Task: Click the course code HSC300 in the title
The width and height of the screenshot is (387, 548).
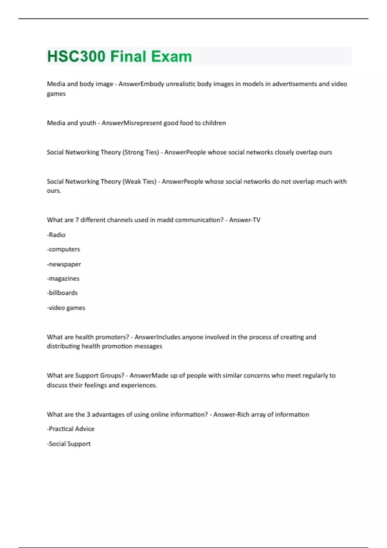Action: click(x=76, y=56)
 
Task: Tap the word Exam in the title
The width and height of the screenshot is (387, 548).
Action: click(x=172, y=56)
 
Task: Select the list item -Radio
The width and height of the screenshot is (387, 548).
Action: click(x=56, y=235)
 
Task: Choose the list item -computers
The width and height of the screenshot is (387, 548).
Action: click(x=64, y=249)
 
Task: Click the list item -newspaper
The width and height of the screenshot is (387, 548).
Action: click(x=64, y=264)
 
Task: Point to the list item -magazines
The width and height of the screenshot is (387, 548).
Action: click(x=63, y=279)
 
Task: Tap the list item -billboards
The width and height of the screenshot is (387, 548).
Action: click(x=62, y=293)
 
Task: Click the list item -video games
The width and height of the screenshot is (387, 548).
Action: click(x=66, y=308)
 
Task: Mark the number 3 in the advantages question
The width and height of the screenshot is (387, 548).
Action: click(x=88, y=414)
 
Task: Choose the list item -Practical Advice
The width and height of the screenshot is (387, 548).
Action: click(x=71, y=429)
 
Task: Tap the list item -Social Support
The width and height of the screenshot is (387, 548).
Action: click(x=69, y=444)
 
